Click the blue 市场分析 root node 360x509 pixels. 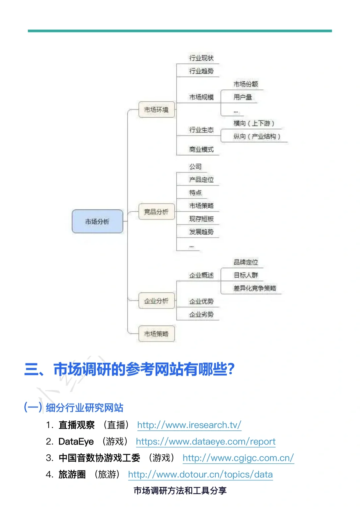point(97,221)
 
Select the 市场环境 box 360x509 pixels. point(156,110)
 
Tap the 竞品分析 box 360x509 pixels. point(156,212)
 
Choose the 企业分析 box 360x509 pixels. point(156,301)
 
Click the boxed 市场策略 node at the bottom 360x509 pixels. point(156,333)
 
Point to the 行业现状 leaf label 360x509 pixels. point(201,58)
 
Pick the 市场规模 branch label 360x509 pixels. point(201,97)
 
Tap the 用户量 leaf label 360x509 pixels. point(243,97)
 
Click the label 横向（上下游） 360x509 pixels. point(254,123)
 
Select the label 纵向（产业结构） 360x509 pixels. point(257,136)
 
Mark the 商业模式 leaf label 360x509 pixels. point(201,149)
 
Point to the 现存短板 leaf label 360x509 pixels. point(201,219)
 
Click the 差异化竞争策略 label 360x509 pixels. point(255,288)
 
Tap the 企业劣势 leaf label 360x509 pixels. point(201,314)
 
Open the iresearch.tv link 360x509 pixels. point(189,425)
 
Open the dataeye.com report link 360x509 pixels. point(206,442)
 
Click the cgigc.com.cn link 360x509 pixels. point(238,458)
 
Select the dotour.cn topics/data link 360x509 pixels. point(200,474)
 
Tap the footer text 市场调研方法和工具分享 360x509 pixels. point(180,490)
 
